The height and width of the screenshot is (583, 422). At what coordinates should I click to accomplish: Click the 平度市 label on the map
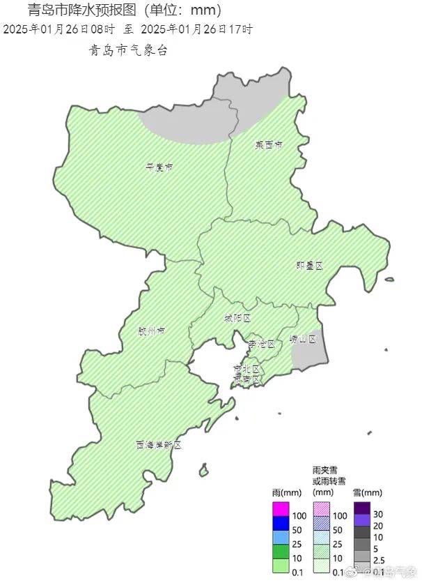pyautogui.click(x=159, y=167)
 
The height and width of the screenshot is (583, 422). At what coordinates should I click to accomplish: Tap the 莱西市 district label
pyautogui.click(x=268, y=146)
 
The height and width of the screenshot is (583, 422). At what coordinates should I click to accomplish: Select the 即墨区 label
pyautogui.click(x=310, y=266)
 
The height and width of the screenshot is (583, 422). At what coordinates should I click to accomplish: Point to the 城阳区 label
pyautogui.click(x=237, y=318)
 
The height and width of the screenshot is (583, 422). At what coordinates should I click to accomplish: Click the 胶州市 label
pyautogui.click(x=151, y=331)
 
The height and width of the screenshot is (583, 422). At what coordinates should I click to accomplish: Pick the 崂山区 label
pyautogui.click(x=303, y=340)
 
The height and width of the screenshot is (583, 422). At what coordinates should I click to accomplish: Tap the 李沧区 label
pyautogui.click(x=262, y=344)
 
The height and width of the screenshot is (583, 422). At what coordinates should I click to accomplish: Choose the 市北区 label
pyautogui.click(x=247, y=368)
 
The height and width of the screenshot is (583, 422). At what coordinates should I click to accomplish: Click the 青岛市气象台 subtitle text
pyautogui.click(x=128, y=51)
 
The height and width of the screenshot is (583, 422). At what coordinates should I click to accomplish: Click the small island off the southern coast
pyautogui.click(x=203, y=471)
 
